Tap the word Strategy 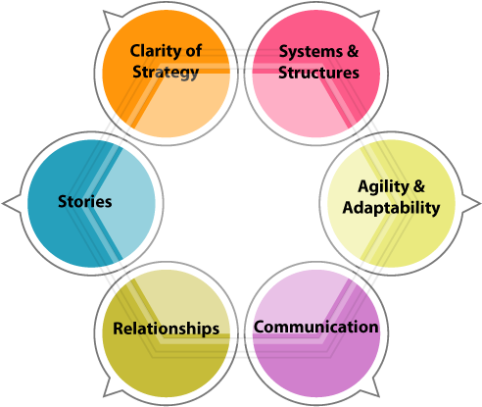[167, 72]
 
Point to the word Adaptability [391, 207]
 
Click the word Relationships [167, 329]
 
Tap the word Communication [315, 327]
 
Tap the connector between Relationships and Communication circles [241, 337]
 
